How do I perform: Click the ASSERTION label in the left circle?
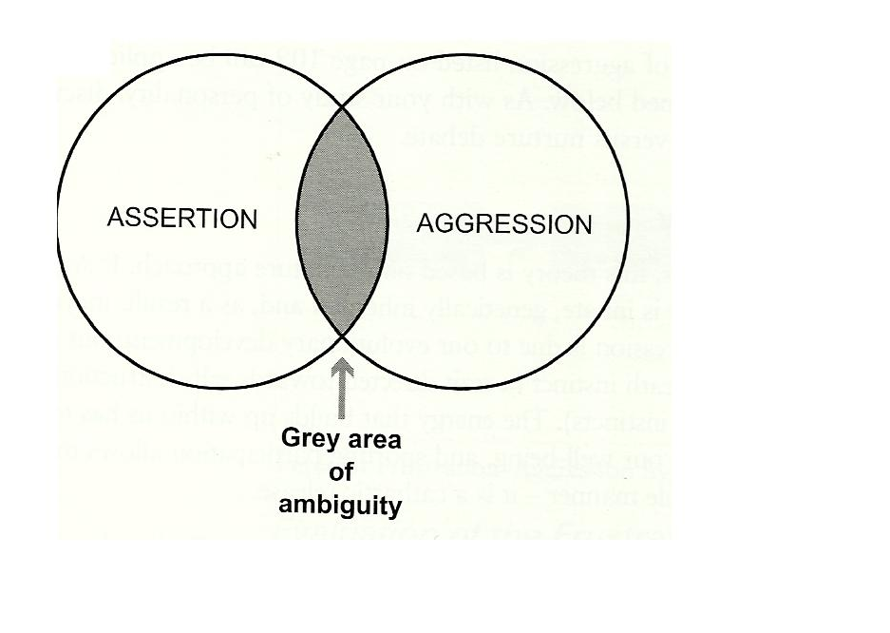(182, 218)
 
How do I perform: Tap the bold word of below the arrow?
(339, 473)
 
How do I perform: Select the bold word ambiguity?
(339, 505)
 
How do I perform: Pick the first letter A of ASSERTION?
(114, 218)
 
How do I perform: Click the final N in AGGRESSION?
(583, 225)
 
